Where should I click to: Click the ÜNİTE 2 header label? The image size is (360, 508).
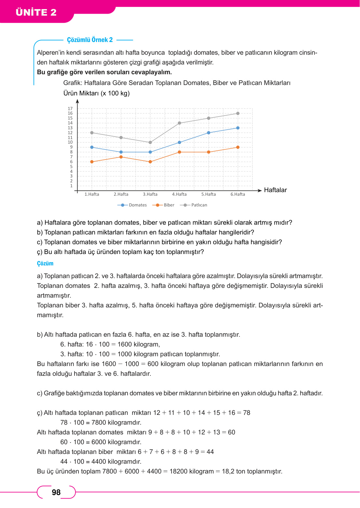[36, 12]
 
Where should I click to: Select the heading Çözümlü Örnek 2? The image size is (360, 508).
[90, 40]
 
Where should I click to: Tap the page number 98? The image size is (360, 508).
[56, 492]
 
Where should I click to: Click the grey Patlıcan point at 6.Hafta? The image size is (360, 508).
[238, 113]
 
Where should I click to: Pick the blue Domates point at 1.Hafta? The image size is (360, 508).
[92, 147]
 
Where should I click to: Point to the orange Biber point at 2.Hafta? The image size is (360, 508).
[121, 157]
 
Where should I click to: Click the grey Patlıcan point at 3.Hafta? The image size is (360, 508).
[150, 142]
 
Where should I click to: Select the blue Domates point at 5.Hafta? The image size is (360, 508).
[209, 133]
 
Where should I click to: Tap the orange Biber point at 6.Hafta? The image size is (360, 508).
[238, 147]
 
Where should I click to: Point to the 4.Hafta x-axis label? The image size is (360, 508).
[179, 194]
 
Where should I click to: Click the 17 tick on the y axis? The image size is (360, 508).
[70, 108]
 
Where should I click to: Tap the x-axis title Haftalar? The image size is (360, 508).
[275, 190]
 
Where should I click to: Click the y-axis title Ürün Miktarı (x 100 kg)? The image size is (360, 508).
[96, 93]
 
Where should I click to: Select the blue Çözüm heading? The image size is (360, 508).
[45, 263]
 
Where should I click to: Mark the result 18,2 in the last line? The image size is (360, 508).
[228, 471]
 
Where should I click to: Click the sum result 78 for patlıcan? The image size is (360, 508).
[247, 413]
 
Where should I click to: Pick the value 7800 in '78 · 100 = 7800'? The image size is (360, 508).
[99, 422]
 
